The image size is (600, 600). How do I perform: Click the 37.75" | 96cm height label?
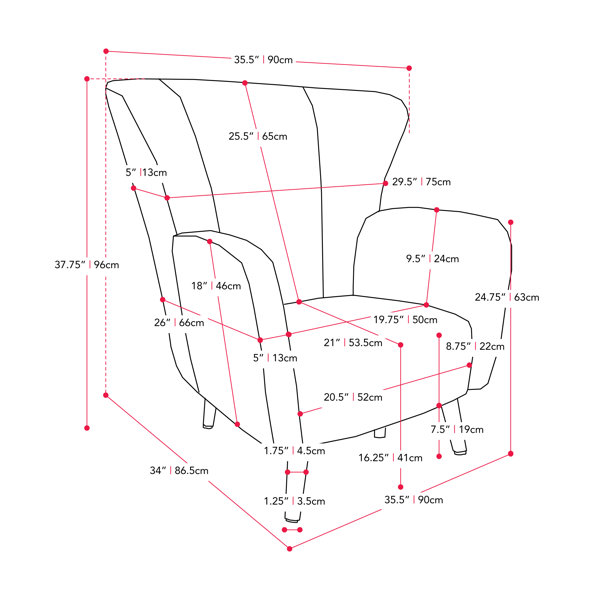87,264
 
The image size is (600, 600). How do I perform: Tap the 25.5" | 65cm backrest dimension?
258,136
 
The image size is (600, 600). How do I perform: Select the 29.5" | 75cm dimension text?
421,181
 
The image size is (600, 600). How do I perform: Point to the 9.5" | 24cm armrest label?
432,259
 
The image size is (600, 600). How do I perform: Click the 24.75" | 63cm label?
507,297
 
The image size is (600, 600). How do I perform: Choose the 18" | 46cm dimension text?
216,285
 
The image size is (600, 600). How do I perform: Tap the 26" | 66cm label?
179,322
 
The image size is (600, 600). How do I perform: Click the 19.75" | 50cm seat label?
405,319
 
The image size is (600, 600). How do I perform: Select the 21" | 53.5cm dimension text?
353,342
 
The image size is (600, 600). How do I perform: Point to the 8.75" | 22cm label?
475,346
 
